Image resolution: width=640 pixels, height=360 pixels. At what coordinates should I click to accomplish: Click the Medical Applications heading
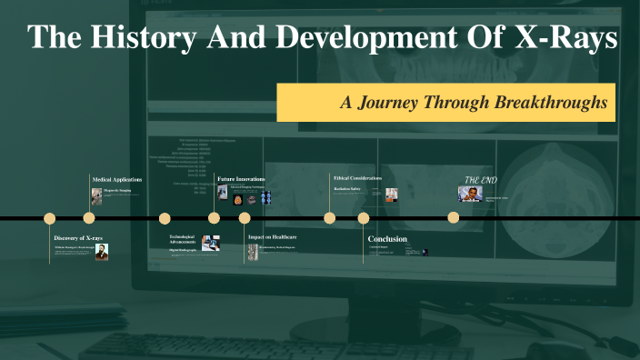(x=117, y=180)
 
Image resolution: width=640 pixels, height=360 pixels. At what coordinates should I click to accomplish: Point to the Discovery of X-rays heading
(x=78, y=238)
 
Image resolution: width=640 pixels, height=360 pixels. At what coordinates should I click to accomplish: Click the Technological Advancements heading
(x=183, y=240)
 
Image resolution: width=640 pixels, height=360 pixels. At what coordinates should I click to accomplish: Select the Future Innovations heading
(x=241, y=180)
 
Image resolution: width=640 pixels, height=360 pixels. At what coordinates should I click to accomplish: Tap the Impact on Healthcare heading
(x=273, y=237)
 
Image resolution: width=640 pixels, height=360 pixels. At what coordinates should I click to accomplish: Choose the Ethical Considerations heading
(x=357, y=178)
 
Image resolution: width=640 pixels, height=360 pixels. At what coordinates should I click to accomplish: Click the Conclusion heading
(x=387, y=239)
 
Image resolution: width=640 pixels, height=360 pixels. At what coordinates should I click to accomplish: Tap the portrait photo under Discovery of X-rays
(x=102, y=252)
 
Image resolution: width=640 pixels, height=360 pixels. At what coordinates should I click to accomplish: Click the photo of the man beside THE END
(x=470, y=194)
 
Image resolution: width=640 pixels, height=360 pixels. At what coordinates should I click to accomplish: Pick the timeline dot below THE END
(x=453, y=217)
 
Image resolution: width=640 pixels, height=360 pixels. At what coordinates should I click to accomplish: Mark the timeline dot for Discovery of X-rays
(x=50, y=218)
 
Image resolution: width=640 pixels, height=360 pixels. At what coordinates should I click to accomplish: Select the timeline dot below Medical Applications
(x=89, y=218)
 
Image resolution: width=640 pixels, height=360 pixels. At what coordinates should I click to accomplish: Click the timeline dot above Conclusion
(x=364, y=218)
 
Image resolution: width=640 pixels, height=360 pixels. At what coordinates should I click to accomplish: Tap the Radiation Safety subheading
(x=348, y=188)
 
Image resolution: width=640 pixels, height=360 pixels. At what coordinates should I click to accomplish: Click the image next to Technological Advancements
(x=211, y=242)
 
